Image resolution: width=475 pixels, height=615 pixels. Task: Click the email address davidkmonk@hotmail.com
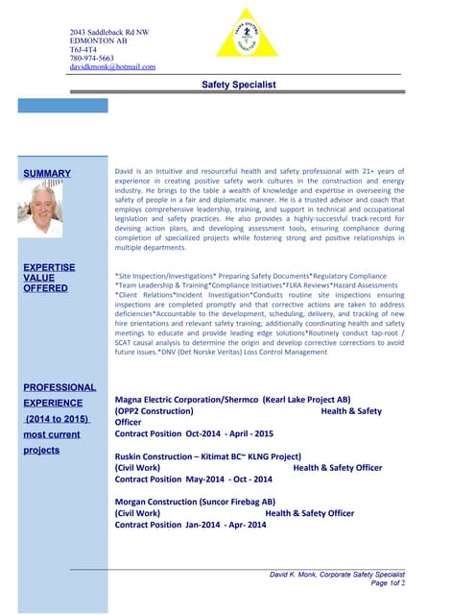(112, 67)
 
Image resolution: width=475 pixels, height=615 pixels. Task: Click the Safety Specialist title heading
(239, 86)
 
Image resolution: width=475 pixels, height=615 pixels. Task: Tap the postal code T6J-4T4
(83, 49)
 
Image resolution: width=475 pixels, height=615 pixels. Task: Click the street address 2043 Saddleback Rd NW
(109, 32)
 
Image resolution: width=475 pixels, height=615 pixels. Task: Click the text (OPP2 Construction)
(154, 410)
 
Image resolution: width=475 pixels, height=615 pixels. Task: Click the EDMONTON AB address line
(98, 40)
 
